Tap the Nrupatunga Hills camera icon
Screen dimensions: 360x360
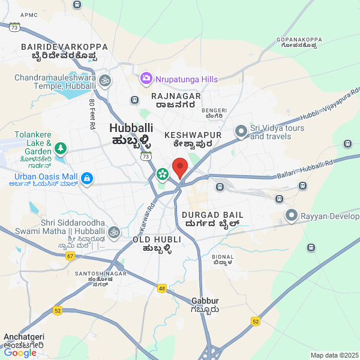tap(146, 79)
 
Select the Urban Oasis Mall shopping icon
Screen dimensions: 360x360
tap(87, 178)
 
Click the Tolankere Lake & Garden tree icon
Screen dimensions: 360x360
tap(60, 148)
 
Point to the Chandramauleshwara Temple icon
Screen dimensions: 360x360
tap(104, 79)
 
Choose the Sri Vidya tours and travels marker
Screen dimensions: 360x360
tap(241, 131)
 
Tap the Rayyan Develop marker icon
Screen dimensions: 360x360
tap(292, 215)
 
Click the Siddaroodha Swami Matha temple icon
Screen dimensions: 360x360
tap(113, 232)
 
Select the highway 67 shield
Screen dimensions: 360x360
tap(71, 256)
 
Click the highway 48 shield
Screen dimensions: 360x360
tap(162, 289)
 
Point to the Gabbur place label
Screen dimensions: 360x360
tap(205, 301)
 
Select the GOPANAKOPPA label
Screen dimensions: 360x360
tap(299, 40)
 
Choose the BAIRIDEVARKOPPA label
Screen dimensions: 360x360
tap(64, 47)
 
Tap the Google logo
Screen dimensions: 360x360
tap(20, 353)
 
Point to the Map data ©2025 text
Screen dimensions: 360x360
tap(334, 355)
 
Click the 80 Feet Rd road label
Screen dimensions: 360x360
tap(92, 115)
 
